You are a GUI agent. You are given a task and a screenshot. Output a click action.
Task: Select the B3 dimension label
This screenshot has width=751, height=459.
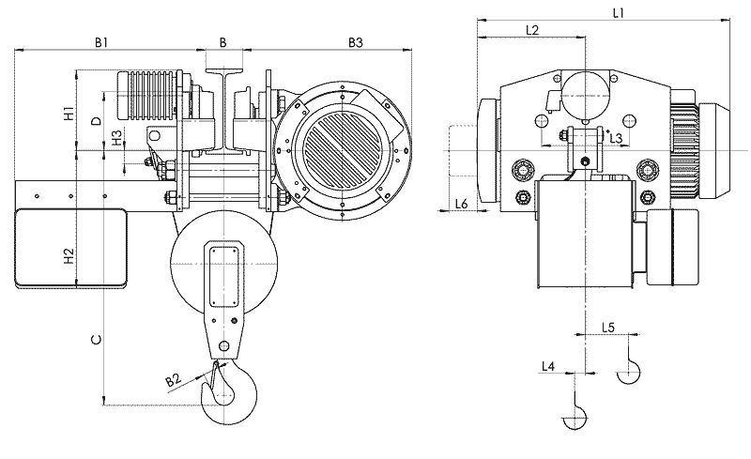356,42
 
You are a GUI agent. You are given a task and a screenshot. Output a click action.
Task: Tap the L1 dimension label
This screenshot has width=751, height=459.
619,13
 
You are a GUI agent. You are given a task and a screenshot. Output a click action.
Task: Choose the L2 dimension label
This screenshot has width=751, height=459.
531,31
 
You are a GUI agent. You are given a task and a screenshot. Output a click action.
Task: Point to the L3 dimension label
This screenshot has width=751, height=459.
616,138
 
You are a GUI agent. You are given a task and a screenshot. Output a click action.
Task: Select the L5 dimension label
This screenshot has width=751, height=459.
607,328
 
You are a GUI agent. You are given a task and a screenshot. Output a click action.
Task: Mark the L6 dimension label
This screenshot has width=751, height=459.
461,204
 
